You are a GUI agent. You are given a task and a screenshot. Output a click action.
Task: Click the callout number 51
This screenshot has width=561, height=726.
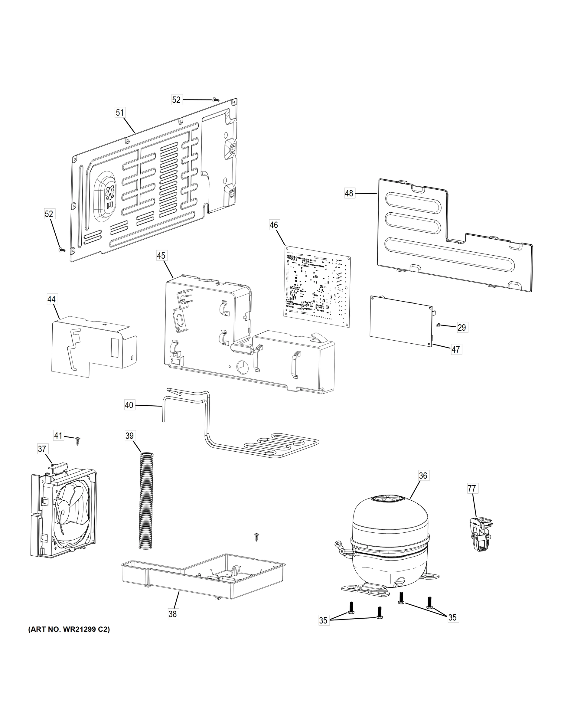pyautogui.click(x=120, y=113)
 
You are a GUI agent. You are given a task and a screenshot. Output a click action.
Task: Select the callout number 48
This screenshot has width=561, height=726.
pyautogui.click(x=349, y=193)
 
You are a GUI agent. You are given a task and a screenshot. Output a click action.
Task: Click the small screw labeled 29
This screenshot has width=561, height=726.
pyautogui.click(x=439, y=325)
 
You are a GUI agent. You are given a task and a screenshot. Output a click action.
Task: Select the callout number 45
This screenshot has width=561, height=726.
pyautogui.click(x=161, y=256)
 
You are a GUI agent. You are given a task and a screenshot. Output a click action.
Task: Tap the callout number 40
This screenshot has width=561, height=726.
pyautogui.click(x=129, y=405)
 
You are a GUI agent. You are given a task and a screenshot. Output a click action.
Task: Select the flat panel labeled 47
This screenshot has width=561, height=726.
pyautogui.click(x=401, y=321)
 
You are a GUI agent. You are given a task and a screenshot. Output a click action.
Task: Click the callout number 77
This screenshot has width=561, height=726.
pyautogui.click(x=471, y=488)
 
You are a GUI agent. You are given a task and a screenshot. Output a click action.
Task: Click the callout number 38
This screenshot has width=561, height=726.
pyautogui.click(x=172, y=614)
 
